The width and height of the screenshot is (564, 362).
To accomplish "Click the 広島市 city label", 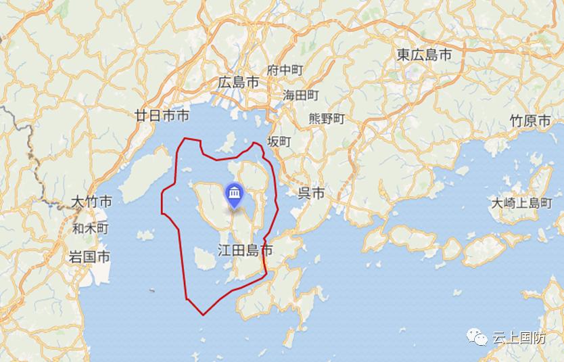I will coord(239,82).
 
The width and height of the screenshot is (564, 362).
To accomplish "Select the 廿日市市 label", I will coord(162,116).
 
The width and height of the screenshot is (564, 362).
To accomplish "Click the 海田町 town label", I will coord(300,95).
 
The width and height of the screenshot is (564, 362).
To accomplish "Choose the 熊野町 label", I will coord(326,118).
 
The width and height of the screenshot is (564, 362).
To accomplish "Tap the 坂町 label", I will coord(279,141).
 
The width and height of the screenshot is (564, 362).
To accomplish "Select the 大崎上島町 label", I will coord(523,202).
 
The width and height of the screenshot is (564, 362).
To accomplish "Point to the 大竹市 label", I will coord(91,202).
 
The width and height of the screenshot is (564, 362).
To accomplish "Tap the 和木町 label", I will coord(90,227).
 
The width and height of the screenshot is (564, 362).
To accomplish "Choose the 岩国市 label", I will coord(89,256).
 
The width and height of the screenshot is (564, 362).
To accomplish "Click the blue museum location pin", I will coord(234,195).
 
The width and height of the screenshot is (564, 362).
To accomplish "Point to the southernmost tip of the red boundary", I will coord(204,315).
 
